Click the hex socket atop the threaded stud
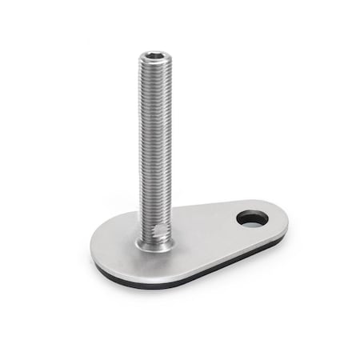[154, 57]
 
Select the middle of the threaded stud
[154, 144]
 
